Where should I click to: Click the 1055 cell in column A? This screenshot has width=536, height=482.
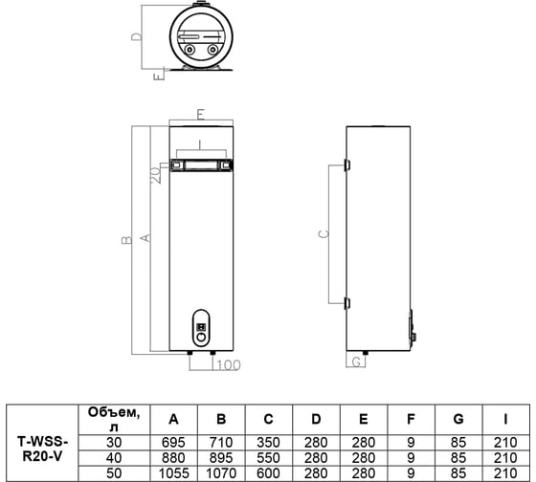[173, 473]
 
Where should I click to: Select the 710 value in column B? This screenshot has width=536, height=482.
[221, 443]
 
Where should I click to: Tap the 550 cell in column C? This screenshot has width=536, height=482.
[268, 458]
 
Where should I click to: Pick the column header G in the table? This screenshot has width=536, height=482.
[458, 419]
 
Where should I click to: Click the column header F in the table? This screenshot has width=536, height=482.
[411, 419]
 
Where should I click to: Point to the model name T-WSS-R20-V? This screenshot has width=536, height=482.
[42, 449]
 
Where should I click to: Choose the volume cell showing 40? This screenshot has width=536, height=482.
[114, 458]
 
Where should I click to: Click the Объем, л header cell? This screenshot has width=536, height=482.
[114, 420]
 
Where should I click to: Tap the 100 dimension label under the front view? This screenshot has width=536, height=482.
[229, 364]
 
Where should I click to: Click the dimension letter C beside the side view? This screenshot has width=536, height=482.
[324, 234]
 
